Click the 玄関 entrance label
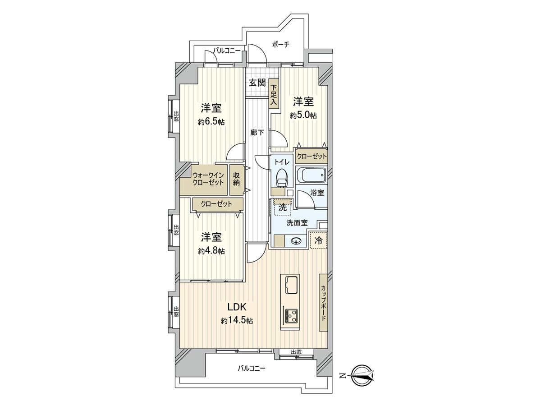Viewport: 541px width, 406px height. (x=257, y=83)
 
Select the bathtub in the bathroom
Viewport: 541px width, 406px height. (x=311, y=175)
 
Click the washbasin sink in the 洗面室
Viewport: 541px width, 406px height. (x=296, y=241)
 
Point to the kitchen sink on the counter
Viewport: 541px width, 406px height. (x=292, y=285)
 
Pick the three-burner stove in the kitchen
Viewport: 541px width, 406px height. (x=292, y=317)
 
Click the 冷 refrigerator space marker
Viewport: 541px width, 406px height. (x=318, y=240)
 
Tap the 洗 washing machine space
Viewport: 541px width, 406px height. (x=283, y=208)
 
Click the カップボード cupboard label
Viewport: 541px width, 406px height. (x=323, y=303)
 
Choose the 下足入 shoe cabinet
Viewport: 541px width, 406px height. (x=274, y=94)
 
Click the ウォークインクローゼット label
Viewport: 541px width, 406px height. (x=208, y=179)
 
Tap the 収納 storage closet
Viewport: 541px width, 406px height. (x=236, y=179)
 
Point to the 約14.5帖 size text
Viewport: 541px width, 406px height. (x=237, y=321)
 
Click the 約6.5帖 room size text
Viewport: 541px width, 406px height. (x=211, y=122)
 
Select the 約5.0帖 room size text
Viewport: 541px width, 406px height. (x=303, y=115)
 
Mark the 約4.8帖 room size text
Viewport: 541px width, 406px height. (x=211, y=251)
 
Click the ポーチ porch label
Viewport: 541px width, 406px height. (x=280, y=45)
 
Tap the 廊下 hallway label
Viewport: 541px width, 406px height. (x=257, y=133)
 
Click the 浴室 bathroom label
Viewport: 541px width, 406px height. (x=317, y=193)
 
